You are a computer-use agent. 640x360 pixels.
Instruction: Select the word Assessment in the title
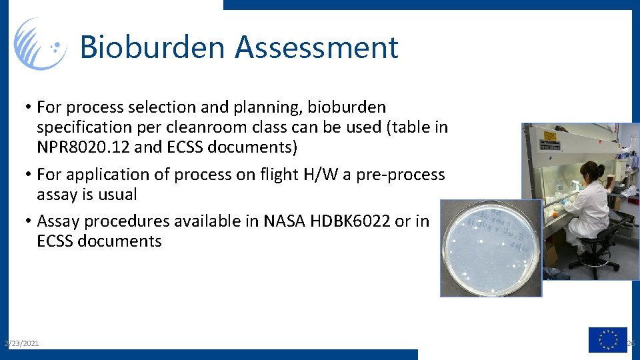(x=317, y=48)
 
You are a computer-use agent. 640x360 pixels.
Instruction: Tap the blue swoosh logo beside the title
(x=40, y=44)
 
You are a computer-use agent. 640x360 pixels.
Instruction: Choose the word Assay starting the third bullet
(x=59, y=221)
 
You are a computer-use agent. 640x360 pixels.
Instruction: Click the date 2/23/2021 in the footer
(x=21, y=343)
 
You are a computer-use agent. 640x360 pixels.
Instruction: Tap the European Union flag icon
(x=607, y=339)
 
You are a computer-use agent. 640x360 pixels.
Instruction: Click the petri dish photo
(x=490, y=248)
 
